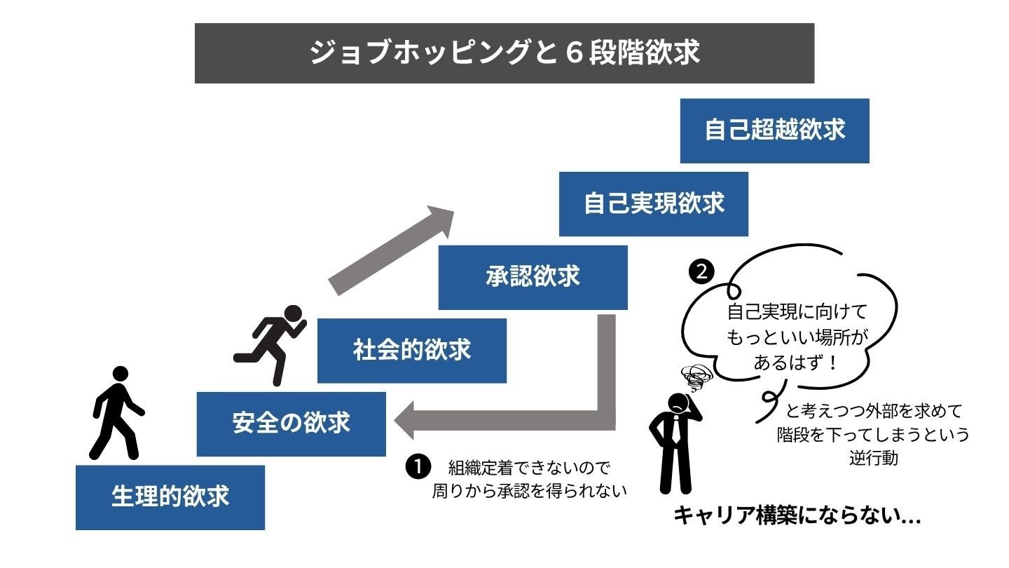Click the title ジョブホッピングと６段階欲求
(504, 53)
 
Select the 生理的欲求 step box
(170, 497)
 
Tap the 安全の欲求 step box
(291, 424)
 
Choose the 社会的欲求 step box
(412, 350)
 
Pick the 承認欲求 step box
(533, 277)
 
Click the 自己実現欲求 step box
(653, 203)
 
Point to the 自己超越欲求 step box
(774, 130)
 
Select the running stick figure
(272, 344)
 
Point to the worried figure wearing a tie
(674, 442)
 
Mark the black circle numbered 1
(418, 466)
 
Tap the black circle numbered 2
(701, 272)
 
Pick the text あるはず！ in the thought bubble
(797, 363)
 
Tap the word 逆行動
(872, 459)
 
